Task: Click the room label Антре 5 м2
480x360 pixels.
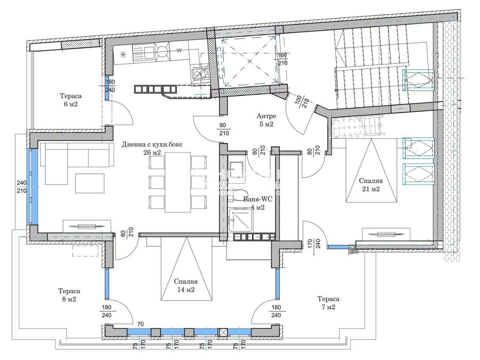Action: [266, 120]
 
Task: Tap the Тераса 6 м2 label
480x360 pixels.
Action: [71, 100]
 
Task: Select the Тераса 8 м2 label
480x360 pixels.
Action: [69, 295]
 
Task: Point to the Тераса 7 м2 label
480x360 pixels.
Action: [328, 303]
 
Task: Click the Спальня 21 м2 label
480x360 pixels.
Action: [371, 185]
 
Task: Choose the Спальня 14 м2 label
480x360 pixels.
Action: [186, 285]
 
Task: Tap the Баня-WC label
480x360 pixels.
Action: [258, 199]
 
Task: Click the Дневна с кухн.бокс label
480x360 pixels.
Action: [152, 144]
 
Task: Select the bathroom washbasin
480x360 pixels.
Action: [237, 169]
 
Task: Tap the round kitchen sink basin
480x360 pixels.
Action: [162, 52]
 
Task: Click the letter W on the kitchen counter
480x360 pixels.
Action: [179, 50]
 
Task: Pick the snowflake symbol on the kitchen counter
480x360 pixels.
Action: [123, 54]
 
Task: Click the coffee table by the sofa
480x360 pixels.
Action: [90, 183]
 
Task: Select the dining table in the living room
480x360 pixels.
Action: [178, 182]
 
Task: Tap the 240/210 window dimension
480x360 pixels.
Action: [22, 186]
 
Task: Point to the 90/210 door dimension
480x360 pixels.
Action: [224, 129]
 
